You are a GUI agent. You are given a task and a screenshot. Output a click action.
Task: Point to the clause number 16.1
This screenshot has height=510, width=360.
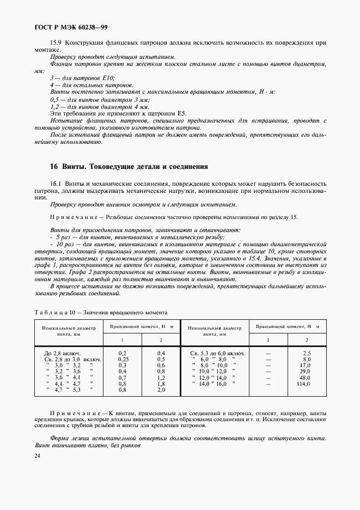[56, 184]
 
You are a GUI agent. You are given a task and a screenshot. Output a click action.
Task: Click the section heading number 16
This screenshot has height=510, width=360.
[53, 166]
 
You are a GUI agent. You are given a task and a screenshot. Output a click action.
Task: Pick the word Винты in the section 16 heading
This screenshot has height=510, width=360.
[72, 166]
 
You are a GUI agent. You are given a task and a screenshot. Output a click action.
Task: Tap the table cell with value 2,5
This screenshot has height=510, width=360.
[306, 353]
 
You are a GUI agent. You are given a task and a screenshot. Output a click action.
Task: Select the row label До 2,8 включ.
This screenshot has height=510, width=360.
[65, 353]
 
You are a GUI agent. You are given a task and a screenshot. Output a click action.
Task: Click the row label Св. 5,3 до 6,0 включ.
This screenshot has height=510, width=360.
[217, 353]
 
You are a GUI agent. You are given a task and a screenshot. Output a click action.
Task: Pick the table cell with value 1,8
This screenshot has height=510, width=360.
[161, 384]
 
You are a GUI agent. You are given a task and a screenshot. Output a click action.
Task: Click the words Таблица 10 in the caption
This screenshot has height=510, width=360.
[53, 312]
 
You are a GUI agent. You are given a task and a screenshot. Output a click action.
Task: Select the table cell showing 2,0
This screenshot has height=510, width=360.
[161, 390]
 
